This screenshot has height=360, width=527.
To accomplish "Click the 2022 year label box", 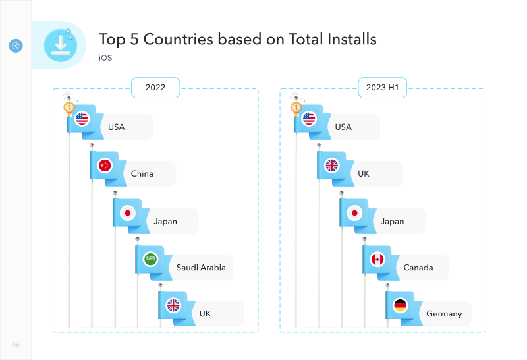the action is (155, 88).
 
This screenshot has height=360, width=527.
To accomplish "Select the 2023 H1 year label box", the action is (383, 88).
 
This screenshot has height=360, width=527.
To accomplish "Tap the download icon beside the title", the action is (61, 45).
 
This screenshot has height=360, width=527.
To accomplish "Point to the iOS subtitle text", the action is (105, 58).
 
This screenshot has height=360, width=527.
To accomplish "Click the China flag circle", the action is (105, 165).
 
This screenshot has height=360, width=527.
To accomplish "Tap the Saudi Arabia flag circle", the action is (150, 259).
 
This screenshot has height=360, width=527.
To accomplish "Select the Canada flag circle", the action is (377, 259).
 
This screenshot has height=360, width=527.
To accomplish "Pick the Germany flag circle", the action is (401, 305).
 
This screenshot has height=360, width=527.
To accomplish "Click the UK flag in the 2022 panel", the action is (173, 305).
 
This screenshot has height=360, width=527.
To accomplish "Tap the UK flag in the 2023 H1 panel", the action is (332, 165).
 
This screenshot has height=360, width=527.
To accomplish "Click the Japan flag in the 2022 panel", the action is (127, 213).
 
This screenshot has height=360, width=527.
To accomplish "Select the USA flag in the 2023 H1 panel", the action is (309, 119).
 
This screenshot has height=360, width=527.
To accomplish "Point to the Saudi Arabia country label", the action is (201, 268).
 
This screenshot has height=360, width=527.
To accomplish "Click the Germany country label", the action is (444, 314).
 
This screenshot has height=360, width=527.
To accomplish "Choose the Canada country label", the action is (418, 268).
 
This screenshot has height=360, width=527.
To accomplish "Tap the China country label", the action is (142, 173).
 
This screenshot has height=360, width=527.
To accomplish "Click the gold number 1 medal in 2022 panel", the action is (69, 107).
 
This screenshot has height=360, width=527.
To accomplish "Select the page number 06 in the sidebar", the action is (16, 345).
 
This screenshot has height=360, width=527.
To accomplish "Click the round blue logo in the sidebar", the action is (16, 45).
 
